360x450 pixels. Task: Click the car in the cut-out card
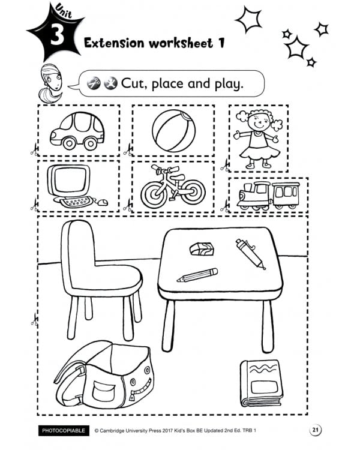click(77, 131)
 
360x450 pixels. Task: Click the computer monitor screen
click(68, 180)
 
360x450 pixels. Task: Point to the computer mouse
click(103, 202)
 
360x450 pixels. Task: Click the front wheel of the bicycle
click(192, 191)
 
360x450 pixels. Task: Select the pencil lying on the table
click(197, 275)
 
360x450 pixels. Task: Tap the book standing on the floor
click(262, 382)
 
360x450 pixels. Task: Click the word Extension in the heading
click(116, 43)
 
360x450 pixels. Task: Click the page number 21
click(316, 430)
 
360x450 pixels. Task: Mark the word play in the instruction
click(224, 84)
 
